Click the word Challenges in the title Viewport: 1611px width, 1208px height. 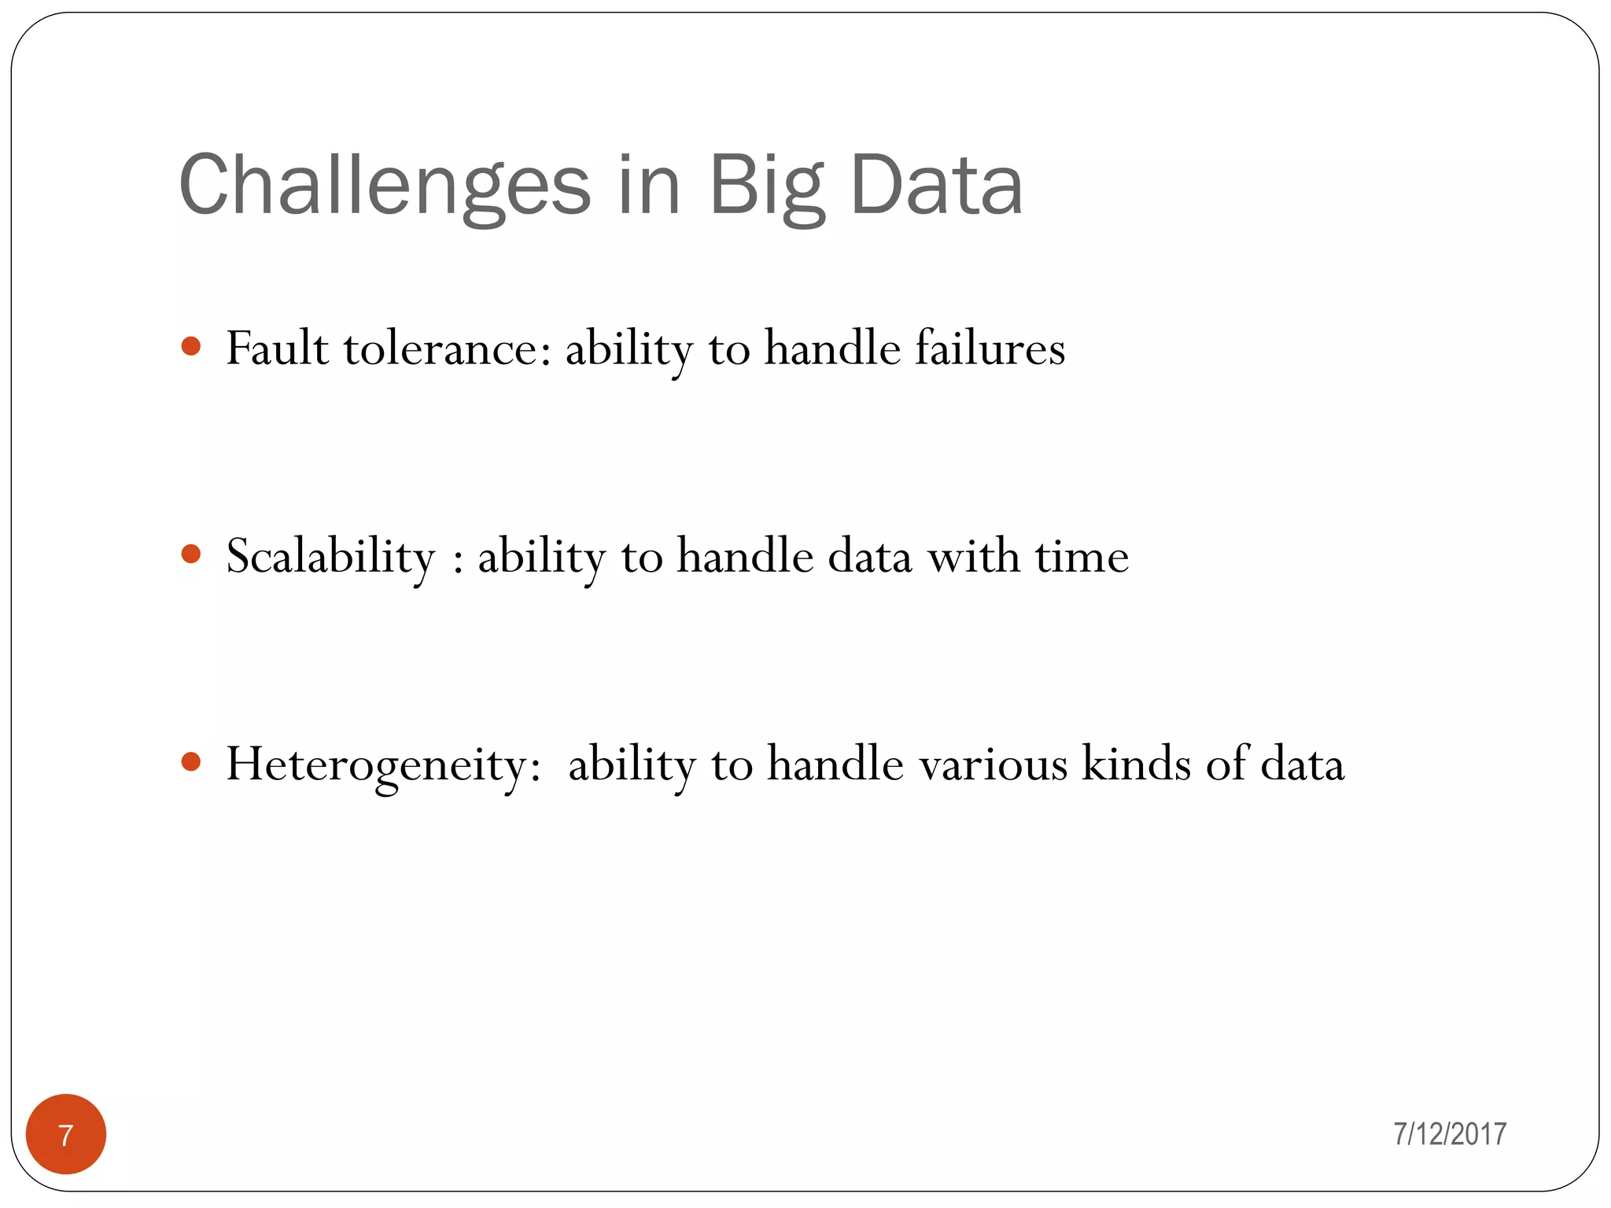(x=385, y=186)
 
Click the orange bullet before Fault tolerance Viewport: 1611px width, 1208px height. (x=191, y=347)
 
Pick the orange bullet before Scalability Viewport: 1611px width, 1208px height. (x=191, y=554)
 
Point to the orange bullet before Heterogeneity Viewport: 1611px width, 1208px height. (x=191, y=762)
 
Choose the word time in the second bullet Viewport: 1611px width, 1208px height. (x=1082, y=557)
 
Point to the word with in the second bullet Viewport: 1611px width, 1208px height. (x=974, y=557)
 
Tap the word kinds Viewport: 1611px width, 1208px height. (x=1137, y=764)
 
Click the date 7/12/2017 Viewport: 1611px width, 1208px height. (x=1450, y=1134)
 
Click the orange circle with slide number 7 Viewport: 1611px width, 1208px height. (x=66, y=1134)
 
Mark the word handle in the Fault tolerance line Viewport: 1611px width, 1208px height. (x=832, y=348)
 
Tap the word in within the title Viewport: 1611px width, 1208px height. (x=649, y=186)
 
